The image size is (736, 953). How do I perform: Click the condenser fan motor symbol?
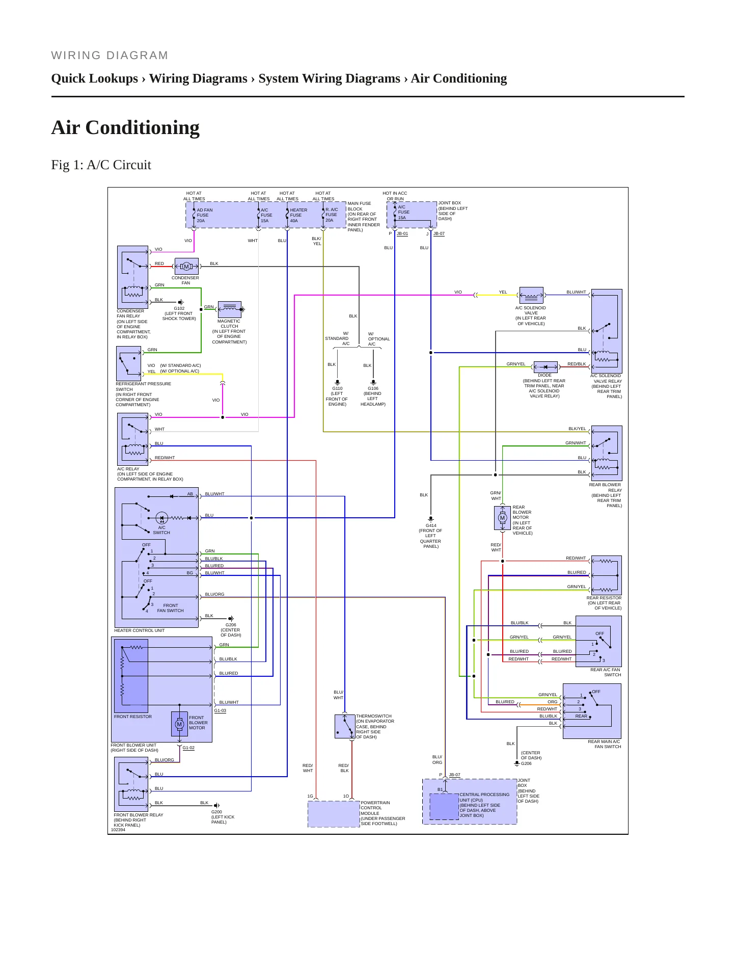pos(186,267)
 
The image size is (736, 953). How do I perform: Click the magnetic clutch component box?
pos(229,309)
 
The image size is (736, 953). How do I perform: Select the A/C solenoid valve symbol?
pos(531,296)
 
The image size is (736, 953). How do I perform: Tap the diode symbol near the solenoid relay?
pos(546,367)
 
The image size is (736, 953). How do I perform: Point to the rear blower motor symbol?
pos(502,518)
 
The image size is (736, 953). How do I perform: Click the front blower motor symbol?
pos(179,724)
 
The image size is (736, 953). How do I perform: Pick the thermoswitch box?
pos(345,726)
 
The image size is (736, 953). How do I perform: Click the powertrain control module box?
pos(334,814)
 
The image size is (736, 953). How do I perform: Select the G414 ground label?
pos(431,525)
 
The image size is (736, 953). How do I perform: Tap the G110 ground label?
pos(337,388)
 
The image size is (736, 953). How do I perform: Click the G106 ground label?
pos(373,388)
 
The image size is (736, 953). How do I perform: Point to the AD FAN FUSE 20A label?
pos(204,215)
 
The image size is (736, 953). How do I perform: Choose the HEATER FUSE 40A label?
pos(298,215)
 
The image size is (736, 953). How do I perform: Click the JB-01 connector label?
pos(402,233)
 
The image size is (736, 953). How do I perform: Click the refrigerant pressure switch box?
pos(129,364)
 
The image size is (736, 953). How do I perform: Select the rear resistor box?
pos(607,575)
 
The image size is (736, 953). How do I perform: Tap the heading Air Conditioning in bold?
pos(125,127)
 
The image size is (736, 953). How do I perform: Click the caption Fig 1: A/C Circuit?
pos(101,165)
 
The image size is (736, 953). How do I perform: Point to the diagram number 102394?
pos(118,830)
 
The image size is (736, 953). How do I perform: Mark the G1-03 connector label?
pos(220,710)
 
